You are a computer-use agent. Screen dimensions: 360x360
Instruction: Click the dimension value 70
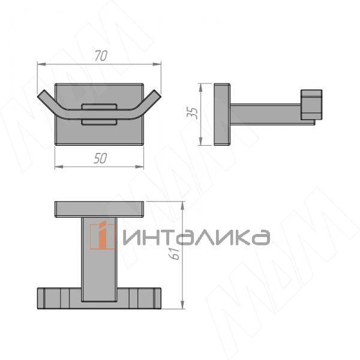[100, 56]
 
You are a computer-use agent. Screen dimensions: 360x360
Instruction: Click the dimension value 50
[100, 158]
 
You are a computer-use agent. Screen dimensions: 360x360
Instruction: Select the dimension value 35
[193, 113]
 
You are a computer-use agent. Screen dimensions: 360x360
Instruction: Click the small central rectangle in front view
[100, 114]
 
